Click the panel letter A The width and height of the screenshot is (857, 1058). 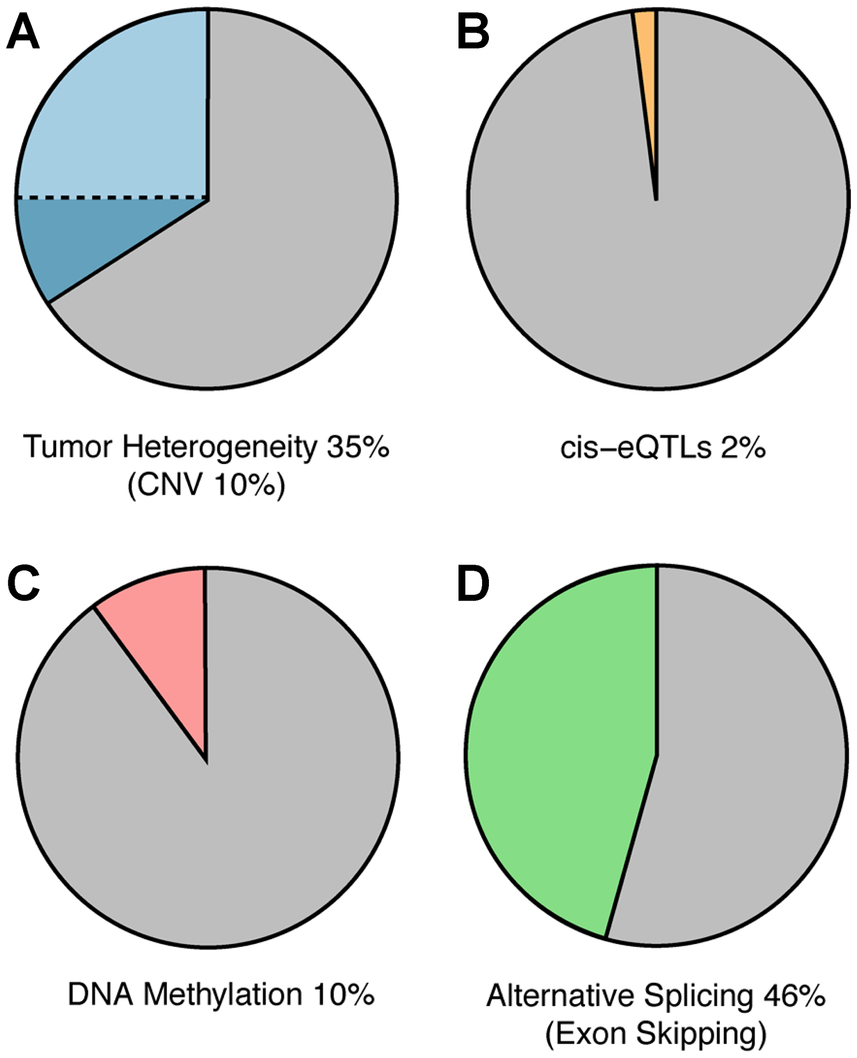pyautogui.click(x=23, y=32)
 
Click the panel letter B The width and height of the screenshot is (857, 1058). pyautogui.click(x=473, y=32)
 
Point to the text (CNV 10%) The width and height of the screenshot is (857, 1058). pyautogui.click(x=207, y=485)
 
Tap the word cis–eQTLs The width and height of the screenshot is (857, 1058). pyautogui.click(x=635, y=448)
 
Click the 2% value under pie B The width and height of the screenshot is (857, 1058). pyautogui.click(x=743, y=448)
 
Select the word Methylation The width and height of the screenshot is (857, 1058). pyautogui.click(x=222, y=994)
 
